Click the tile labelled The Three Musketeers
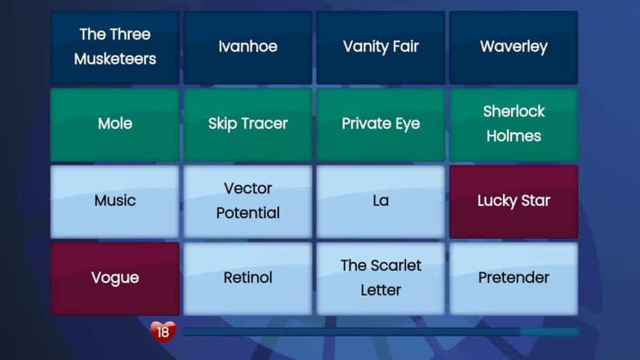115,46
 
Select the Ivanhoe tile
248,46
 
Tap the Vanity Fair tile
381,46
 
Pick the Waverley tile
513,46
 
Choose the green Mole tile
115,124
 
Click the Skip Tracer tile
248,124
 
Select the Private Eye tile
381,124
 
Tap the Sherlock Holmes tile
513,124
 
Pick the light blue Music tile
115,201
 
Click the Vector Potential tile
248,201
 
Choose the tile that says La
381,201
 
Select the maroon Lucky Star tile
513,201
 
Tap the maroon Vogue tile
115,278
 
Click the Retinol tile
248,278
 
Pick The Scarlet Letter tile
381,278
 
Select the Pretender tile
513,278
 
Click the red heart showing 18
163,332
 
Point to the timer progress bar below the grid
380,332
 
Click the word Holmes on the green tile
513,136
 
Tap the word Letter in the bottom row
381,291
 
